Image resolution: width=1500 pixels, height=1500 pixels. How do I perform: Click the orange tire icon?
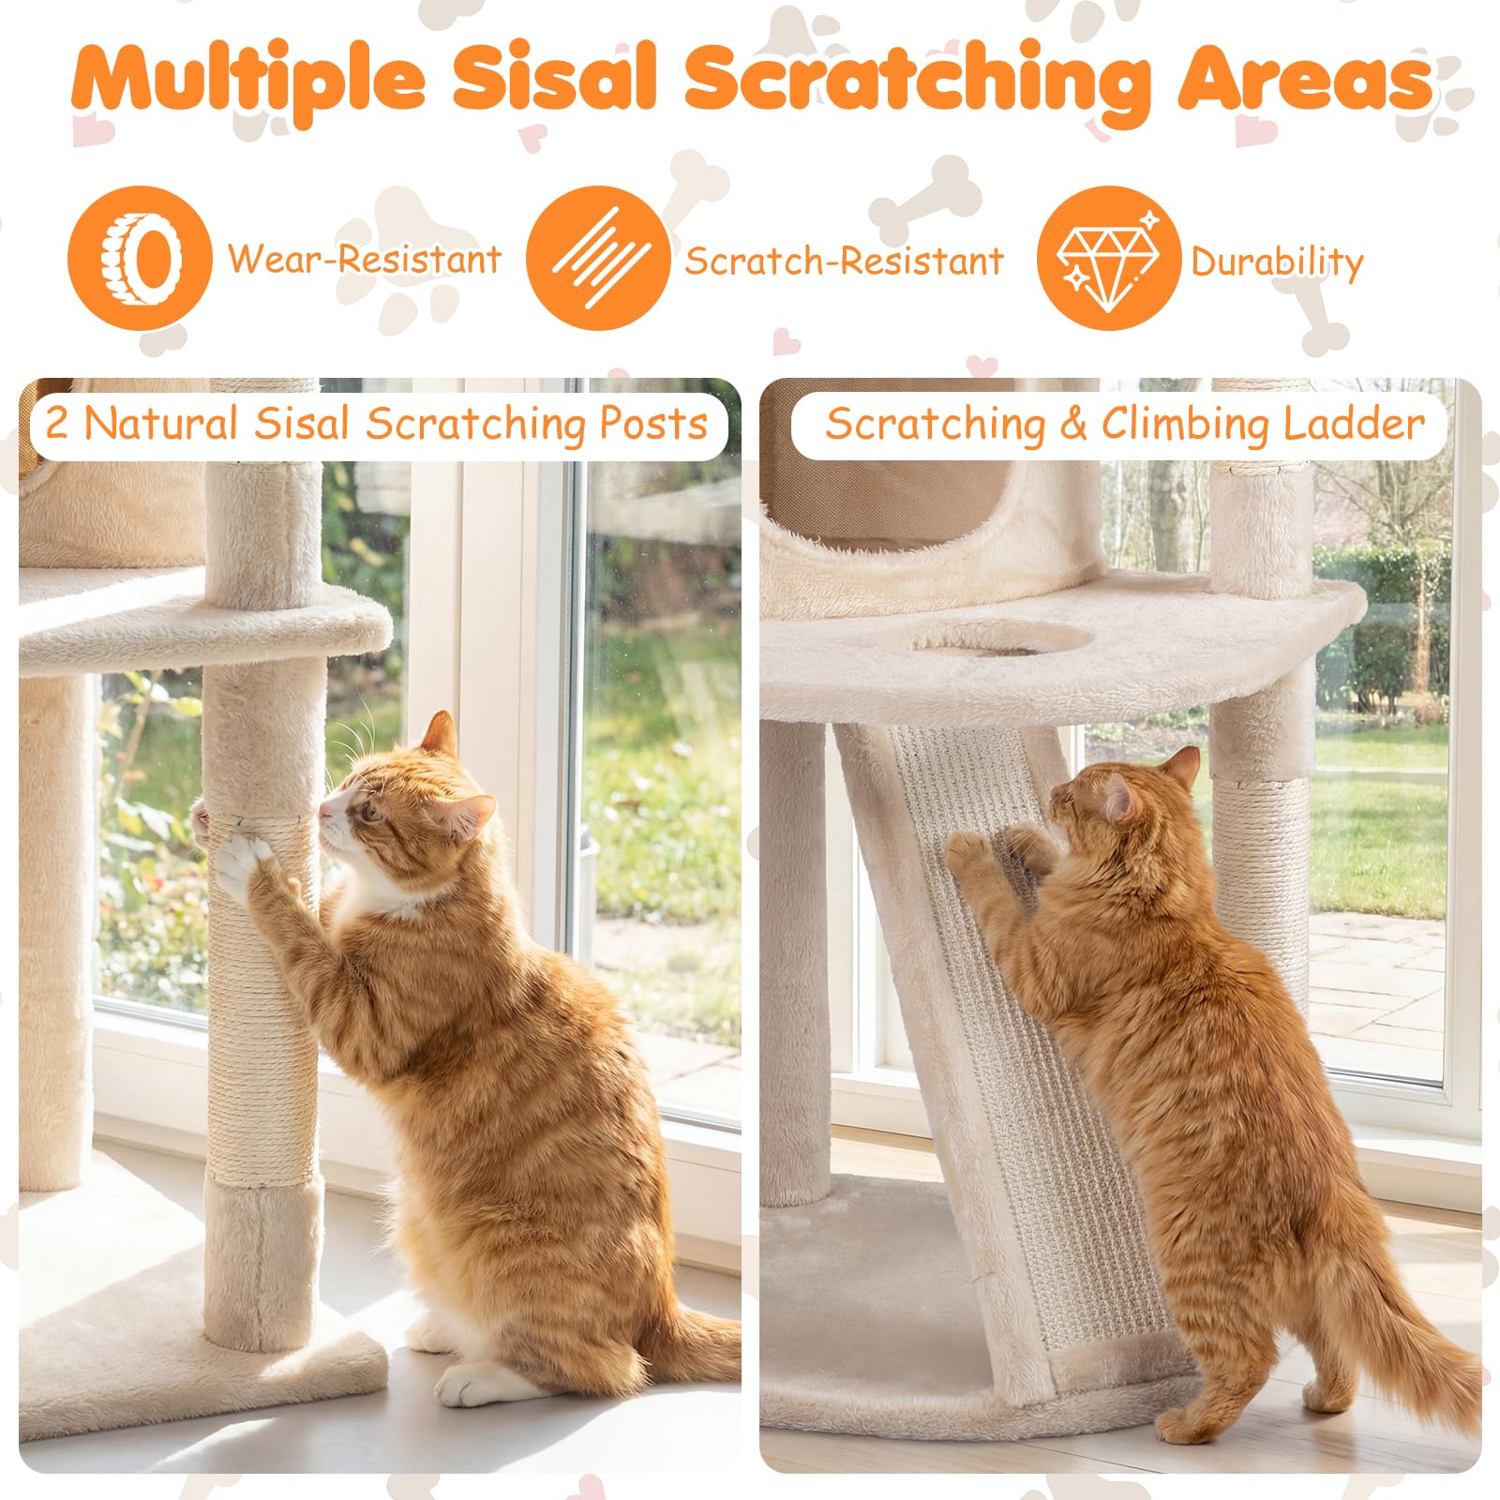(140, 258)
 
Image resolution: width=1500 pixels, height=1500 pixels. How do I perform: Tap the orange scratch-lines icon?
(598, 258)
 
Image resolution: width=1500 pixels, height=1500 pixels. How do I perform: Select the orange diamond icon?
(1108, 258)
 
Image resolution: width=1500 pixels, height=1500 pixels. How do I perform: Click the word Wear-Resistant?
(365, 259)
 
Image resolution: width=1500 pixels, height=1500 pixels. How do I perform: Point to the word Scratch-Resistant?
(844, 261)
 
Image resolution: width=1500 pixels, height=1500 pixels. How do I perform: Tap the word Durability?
(1277, 262)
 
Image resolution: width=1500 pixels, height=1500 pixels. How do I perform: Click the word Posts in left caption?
(653, 423)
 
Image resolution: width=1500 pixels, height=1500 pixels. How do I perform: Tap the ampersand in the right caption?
(1072, 425)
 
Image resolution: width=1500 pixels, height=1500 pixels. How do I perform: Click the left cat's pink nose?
(324, 810)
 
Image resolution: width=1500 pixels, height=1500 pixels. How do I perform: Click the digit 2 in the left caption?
(57, 424)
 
